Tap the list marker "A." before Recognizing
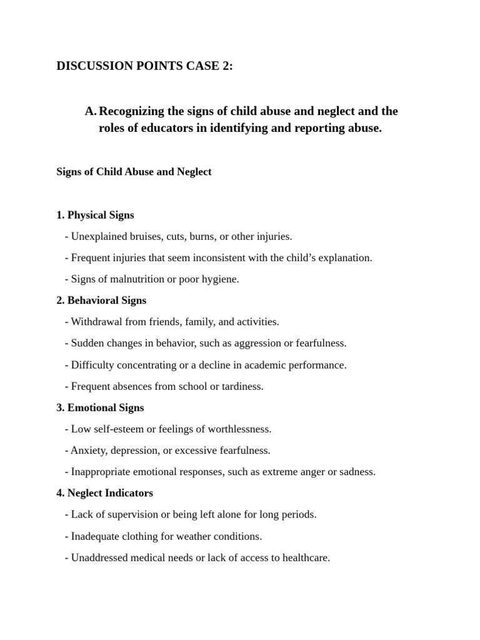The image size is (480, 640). [91, 111]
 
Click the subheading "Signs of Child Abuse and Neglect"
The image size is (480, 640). [134, 172]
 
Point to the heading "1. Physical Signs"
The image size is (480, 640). [95, 215]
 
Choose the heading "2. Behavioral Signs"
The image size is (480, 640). [101, 301]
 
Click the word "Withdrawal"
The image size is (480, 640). [97, 322]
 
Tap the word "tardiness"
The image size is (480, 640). [242, 386]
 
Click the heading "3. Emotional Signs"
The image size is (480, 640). [100, 407]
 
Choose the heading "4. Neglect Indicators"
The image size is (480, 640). [104, 493]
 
